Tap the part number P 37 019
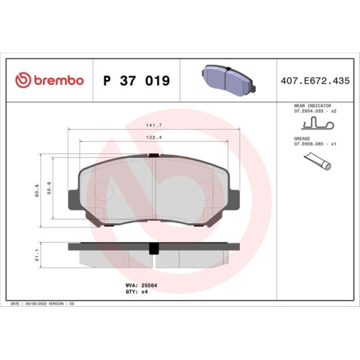(x=137, y=81)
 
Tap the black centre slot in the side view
(x=153, y=248)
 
